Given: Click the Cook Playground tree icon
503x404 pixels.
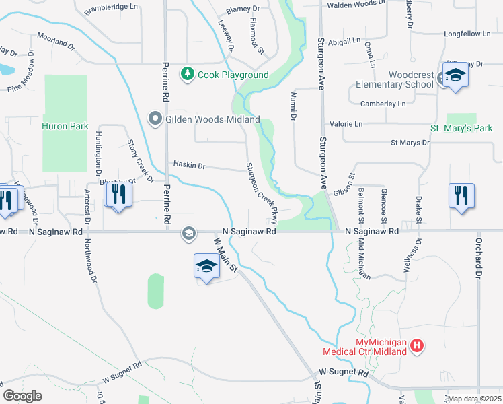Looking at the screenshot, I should click(x=188, y=75).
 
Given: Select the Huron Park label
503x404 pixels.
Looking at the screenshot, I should click(x=65, y=126).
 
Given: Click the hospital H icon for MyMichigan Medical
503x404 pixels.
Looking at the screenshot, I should click(x=417, y=347).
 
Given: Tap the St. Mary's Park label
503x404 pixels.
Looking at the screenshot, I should click(x=461, y=128).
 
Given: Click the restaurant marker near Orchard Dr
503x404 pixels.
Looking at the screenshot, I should click(x=461, y=196).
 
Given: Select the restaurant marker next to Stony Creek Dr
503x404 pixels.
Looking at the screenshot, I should click(x=118, y=195).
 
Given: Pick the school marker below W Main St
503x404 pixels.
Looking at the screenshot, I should click(x=206, y=267).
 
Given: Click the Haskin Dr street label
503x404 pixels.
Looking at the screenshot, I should click(x=189, y=164).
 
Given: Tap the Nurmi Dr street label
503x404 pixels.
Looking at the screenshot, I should click(x=293, y=107).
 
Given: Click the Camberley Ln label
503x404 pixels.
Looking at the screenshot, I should click(x=383, y=104).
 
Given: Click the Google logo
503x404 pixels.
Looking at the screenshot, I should click(x=22, y=395).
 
